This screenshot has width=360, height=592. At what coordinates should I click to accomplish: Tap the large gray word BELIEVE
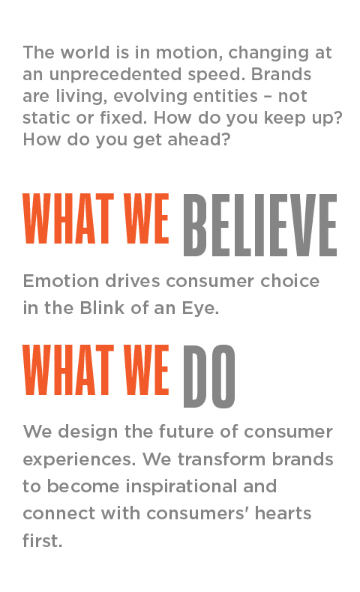[260, 225]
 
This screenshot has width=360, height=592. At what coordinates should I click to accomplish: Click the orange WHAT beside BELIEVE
[68, 218]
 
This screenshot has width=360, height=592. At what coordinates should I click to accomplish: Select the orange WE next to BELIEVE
[146, 218]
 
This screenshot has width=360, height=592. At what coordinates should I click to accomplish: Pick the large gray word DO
[209, 376]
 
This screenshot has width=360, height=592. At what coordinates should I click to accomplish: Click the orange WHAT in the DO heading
[68, 369]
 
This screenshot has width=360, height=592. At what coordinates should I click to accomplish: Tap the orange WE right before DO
[146, 369]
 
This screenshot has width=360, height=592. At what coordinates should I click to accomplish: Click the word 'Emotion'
[61, 281]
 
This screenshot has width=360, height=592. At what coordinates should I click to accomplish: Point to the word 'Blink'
[102, 308]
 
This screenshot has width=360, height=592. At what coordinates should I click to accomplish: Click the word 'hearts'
[283, 513]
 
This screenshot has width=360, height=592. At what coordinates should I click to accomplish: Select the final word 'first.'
[42, 540]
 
